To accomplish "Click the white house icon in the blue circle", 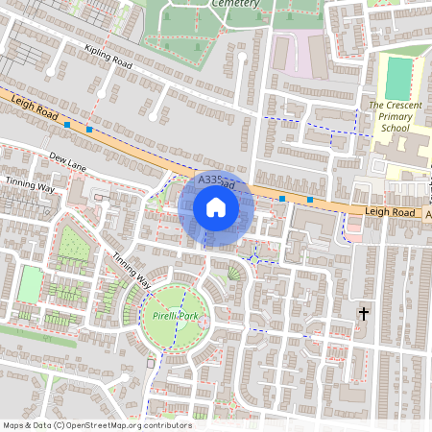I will [216, 206].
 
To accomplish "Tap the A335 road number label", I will [209, 180].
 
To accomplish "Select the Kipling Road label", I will [108, 60].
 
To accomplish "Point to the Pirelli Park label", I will [174, 315].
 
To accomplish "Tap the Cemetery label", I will [232, 4].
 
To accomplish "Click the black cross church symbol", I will [363, 313].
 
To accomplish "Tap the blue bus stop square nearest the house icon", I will [282, 198].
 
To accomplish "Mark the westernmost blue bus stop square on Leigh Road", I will [67, 124].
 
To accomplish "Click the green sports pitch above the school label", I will [397, 78].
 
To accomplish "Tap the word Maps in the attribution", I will [13, 425].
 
